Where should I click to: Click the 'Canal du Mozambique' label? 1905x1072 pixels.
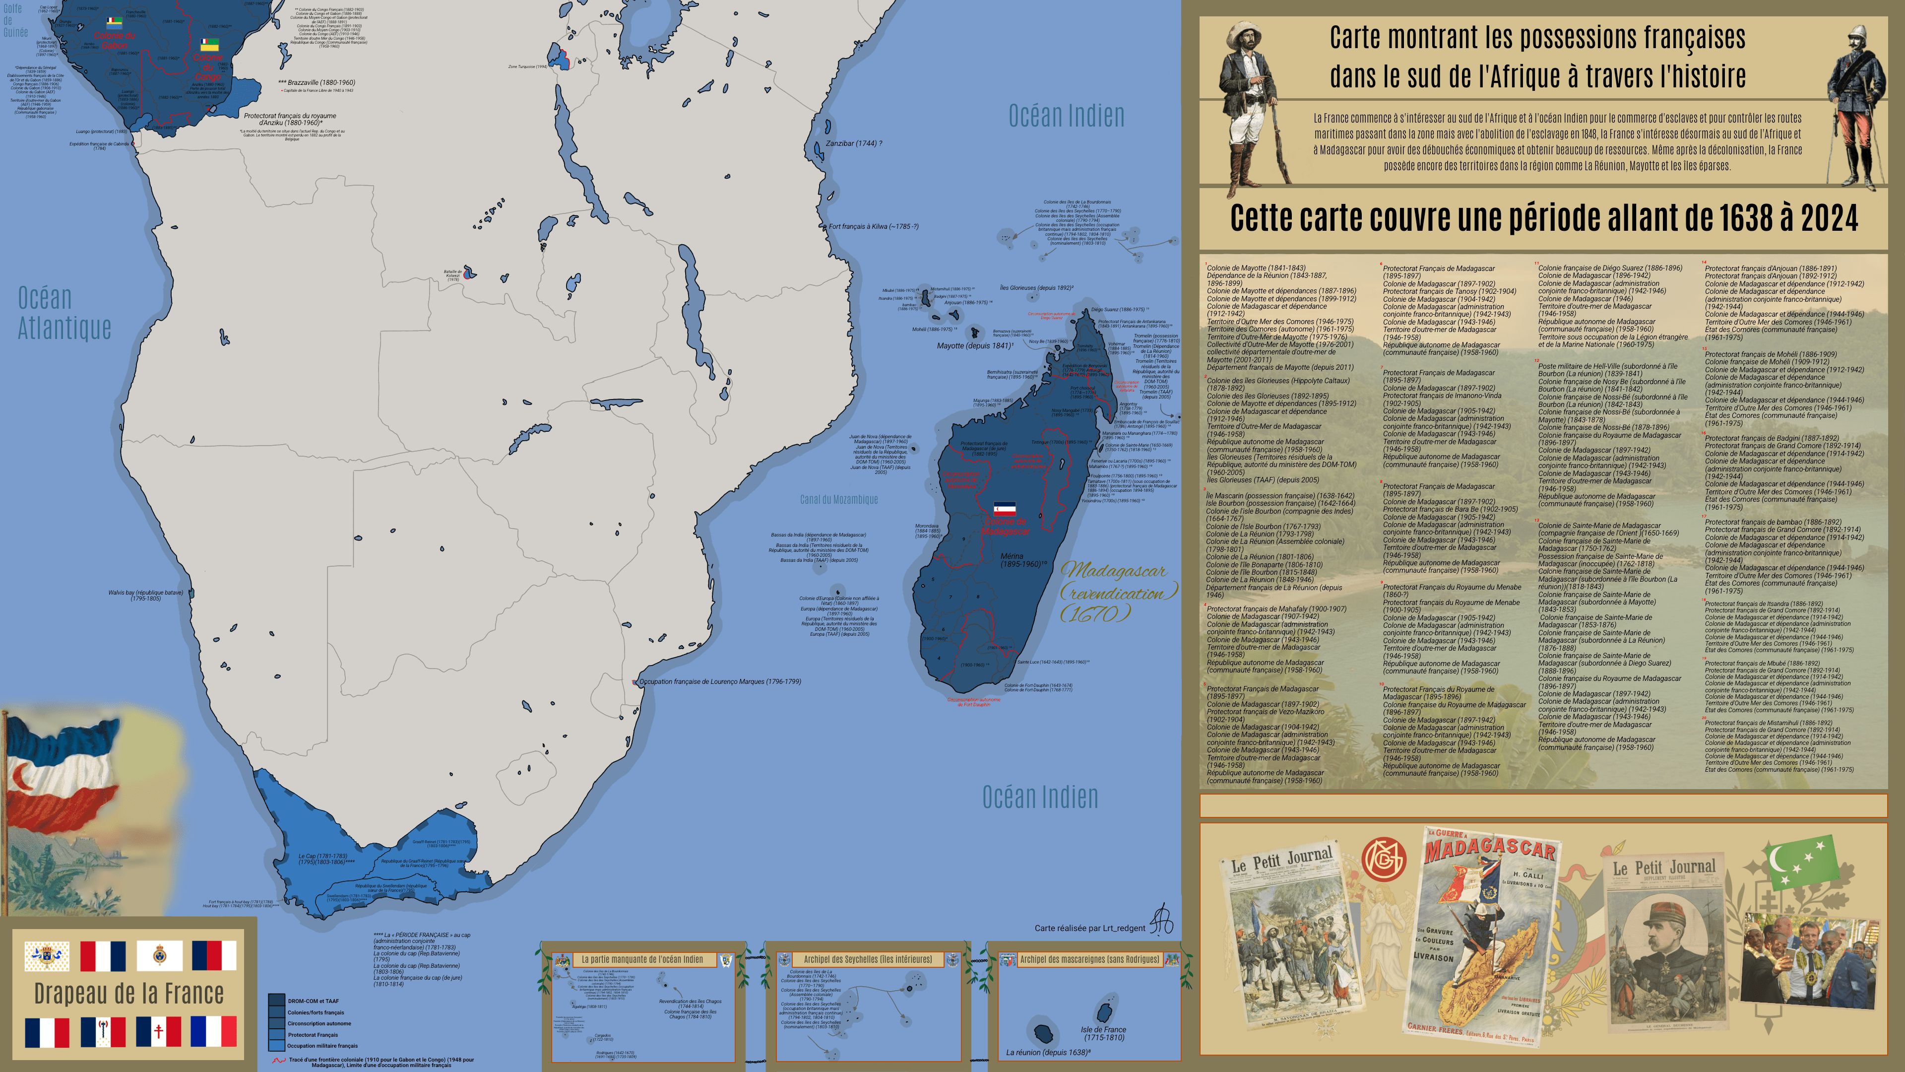click(838, 499)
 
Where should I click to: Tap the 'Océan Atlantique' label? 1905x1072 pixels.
click(64, 313)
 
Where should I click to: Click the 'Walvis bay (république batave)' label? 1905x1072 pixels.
click(146, 595)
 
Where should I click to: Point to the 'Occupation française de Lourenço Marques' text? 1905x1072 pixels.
click(719, 681)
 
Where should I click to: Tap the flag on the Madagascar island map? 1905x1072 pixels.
click(1004, 509)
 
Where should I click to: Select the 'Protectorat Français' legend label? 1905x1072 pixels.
click(313, 1035)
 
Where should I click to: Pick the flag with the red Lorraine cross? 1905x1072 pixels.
click(158, 1031)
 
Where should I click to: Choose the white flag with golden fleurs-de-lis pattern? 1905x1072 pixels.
click(47, 956)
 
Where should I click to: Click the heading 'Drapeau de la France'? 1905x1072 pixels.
click(128, 994)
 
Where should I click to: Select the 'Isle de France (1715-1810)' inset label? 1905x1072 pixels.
click(1103, 1033)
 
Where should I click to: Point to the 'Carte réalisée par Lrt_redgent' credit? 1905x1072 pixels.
click(1089, 928)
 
